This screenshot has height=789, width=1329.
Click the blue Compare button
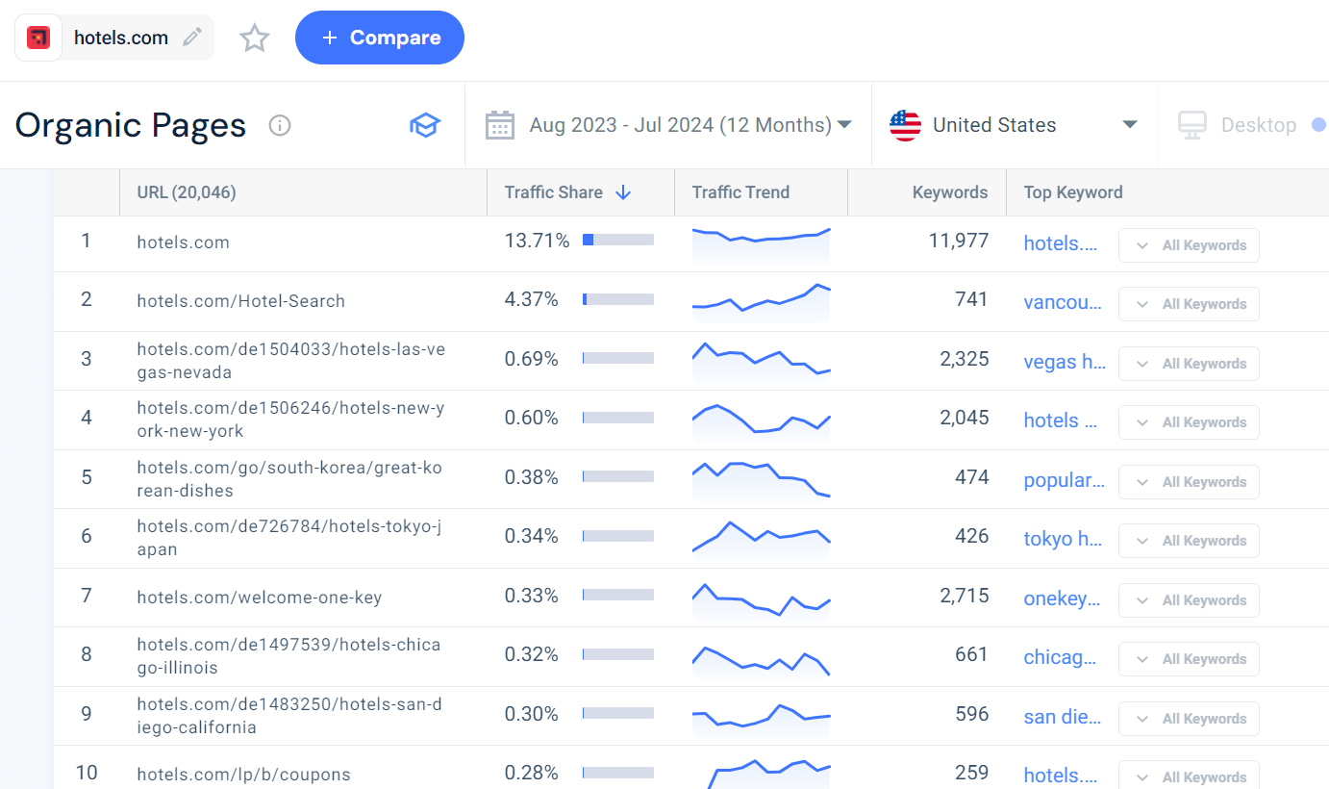pos(379,38)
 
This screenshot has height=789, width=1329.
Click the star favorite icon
pos(255,38)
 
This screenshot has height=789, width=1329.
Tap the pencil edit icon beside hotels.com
pos(192,38)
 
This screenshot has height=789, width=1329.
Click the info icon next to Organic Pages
pos(280,125)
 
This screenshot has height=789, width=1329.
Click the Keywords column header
pos(949,192)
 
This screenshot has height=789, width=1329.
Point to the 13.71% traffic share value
pos(537,241)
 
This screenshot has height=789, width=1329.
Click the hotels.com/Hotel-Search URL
pos(240,301)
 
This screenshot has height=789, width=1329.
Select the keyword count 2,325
pos(964,359)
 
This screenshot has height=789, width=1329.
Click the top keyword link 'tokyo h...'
pos(1063,539)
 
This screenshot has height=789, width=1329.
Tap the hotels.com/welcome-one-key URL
pos(259,598)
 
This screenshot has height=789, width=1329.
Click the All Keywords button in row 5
pos(1189,482)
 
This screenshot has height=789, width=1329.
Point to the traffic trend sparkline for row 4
pos(761,419)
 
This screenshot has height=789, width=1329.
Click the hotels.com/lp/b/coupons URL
pos(243,775)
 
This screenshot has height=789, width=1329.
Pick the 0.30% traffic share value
pos(531,714)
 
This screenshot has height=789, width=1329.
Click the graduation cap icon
pos(424,125)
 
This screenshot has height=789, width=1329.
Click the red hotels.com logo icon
pos(38,38)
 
